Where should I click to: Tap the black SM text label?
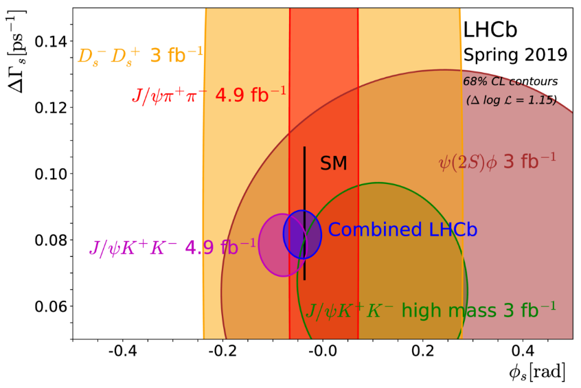(x=334, y=163)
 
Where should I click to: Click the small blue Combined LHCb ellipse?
(x=303, y=234)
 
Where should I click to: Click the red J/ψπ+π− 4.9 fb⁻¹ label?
(x=209, y=94)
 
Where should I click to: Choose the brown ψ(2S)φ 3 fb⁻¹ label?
(x=497, y=162)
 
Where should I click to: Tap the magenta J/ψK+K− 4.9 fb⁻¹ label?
(x=172, y=246)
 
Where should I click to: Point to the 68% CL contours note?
(x=510, y=81)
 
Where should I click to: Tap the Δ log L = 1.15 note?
(x=510, y=102)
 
